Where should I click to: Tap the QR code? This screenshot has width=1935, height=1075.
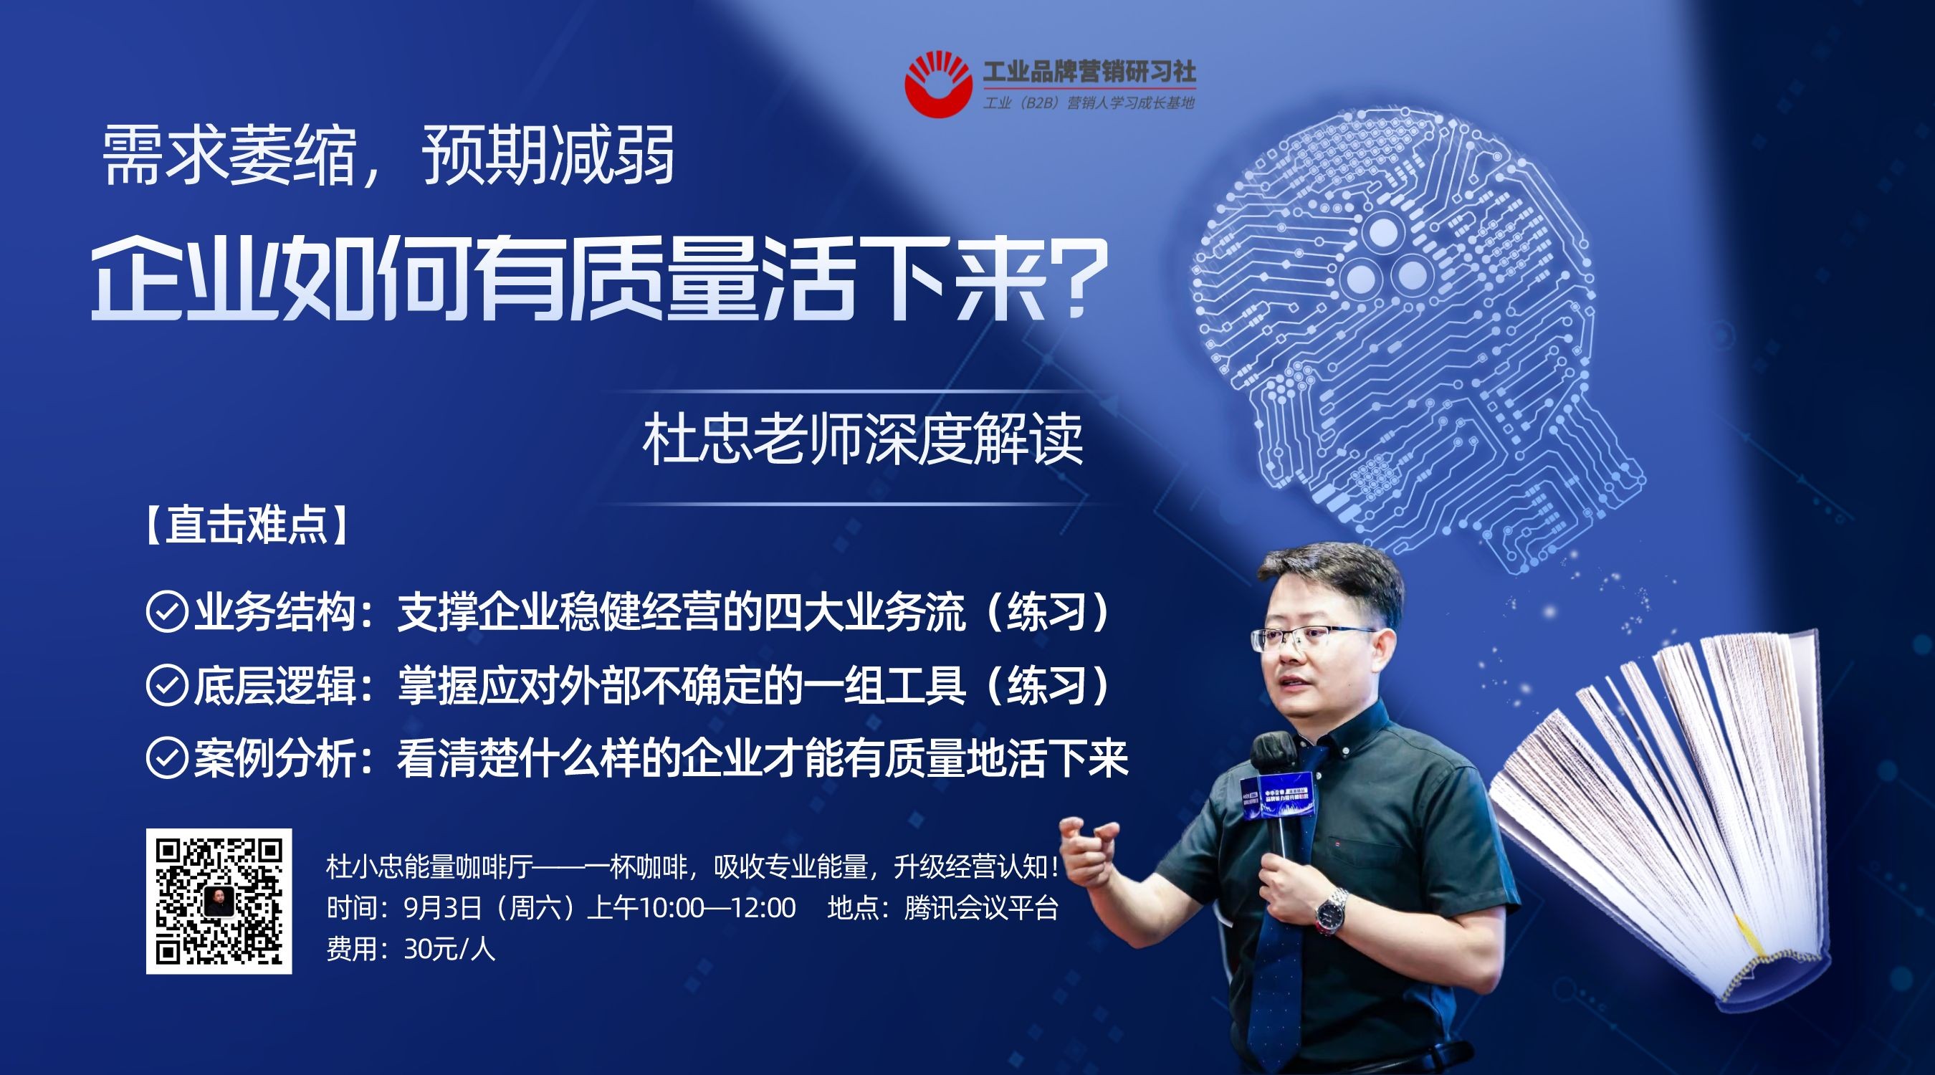point(219,901)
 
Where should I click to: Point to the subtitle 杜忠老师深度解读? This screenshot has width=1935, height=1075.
point(862,439)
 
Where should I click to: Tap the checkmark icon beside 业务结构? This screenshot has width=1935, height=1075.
point(166,612)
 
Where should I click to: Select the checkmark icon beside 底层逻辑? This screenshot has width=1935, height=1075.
point(166,685)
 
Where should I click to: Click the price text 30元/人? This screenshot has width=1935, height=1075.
point(449,950)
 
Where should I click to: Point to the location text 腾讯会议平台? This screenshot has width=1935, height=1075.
point(981,908)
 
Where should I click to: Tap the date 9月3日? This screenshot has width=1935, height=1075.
point(442,908)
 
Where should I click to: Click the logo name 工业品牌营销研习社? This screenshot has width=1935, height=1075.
point(1089,72)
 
